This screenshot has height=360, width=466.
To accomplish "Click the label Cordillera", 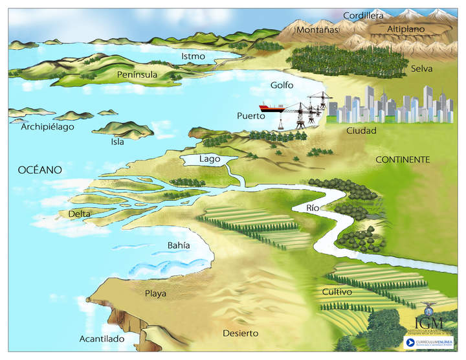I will pos(363,15).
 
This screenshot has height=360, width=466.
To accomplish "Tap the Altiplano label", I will pos(406,29).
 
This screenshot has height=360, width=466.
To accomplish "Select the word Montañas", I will pos(317,29).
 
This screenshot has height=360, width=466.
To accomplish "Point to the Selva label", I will pos(421,68).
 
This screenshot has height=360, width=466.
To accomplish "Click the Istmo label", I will pos(193,56).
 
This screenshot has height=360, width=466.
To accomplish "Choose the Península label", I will pos(137,74).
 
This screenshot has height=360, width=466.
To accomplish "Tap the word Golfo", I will pos(282,85).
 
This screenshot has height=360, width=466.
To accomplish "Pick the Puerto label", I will pos(250,116).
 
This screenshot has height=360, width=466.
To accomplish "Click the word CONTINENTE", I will pos(403,159).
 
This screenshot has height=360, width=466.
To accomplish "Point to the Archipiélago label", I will pos(48,126).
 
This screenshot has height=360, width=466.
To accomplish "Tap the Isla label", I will pos(117,142).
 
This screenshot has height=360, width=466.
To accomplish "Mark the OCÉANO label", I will pos(39,170).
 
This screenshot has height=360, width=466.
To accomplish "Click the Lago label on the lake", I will pos(210,159).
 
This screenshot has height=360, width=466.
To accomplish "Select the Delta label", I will pos(80,214).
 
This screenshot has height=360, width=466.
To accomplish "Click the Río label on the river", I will pos(313,208).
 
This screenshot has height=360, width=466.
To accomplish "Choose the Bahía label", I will pos(179,245).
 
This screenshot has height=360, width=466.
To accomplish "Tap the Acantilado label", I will pos(101,339).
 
